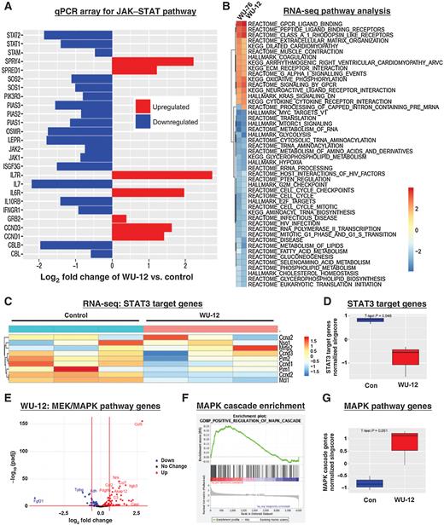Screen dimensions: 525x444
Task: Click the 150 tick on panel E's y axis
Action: click(x=25, y=401)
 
